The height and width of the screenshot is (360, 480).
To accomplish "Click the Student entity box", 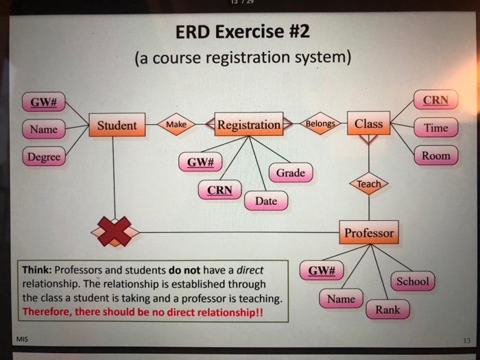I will (x=117, y=125).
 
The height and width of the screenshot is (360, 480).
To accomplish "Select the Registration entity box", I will (x=249, y=125).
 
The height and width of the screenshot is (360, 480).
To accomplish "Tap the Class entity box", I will (x=369, y=124).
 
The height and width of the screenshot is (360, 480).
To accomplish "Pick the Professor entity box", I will (x=369, y=233).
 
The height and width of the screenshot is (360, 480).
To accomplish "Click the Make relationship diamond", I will (x=176, y=125).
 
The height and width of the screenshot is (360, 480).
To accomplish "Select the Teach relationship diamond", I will (x=369, y=184).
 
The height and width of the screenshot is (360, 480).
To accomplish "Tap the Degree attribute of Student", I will (x=44, y=157).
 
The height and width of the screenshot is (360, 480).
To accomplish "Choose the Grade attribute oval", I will (x=291, y=172).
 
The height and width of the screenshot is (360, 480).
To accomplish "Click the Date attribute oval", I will (x=266, y=201).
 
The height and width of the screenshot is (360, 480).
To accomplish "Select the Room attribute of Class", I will (x=436, y=156).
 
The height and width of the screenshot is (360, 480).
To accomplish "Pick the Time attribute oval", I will (x=436, y=128).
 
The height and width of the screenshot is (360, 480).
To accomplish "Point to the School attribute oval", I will (x=412, y=281).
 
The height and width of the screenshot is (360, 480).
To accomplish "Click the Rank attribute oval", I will (x=387, y=309).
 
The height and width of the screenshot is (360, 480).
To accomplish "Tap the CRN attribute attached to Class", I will (x=436, y=100).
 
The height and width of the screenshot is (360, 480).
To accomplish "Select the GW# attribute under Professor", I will (x=321, y=270).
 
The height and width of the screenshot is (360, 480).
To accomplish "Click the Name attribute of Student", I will (x=44, y=129).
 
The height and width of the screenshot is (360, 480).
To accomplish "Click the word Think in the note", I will (x=37, y=269).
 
